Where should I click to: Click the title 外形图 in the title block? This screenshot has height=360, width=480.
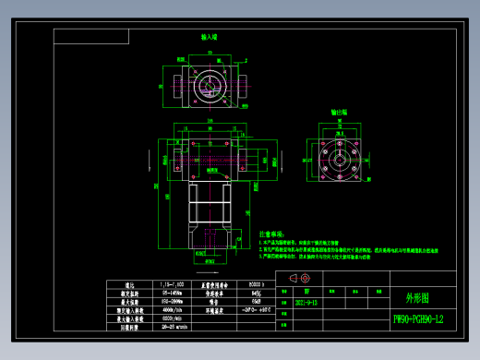[x=417, y=298]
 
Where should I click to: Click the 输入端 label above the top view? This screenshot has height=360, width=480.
[x=210, y=38]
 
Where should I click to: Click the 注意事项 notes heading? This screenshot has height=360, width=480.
[x=273, y=234]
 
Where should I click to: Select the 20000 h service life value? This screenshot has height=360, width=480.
[x=255, y=284]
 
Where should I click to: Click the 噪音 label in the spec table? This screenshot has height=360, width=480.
[x=214, y=301]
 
